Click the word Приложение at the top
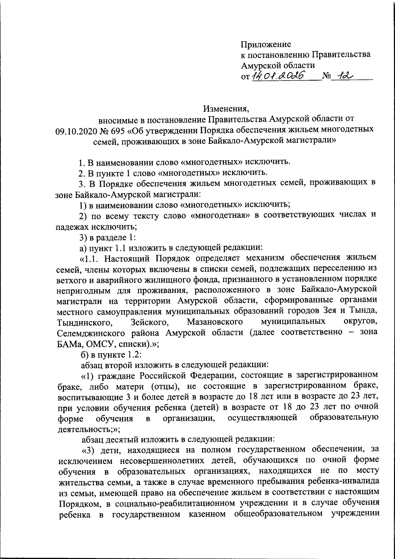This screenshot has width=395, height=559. click(x=266, y=44)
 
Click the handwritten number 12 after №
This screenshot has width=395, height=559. click(x=343, y=76)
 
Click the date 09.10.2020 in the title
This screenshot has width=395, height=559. click(x=75, y=130)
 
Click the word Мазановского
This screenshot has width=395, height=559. click(x=215, y=321)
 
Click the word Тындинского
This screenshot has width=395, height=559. click(x=83, y=321)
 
